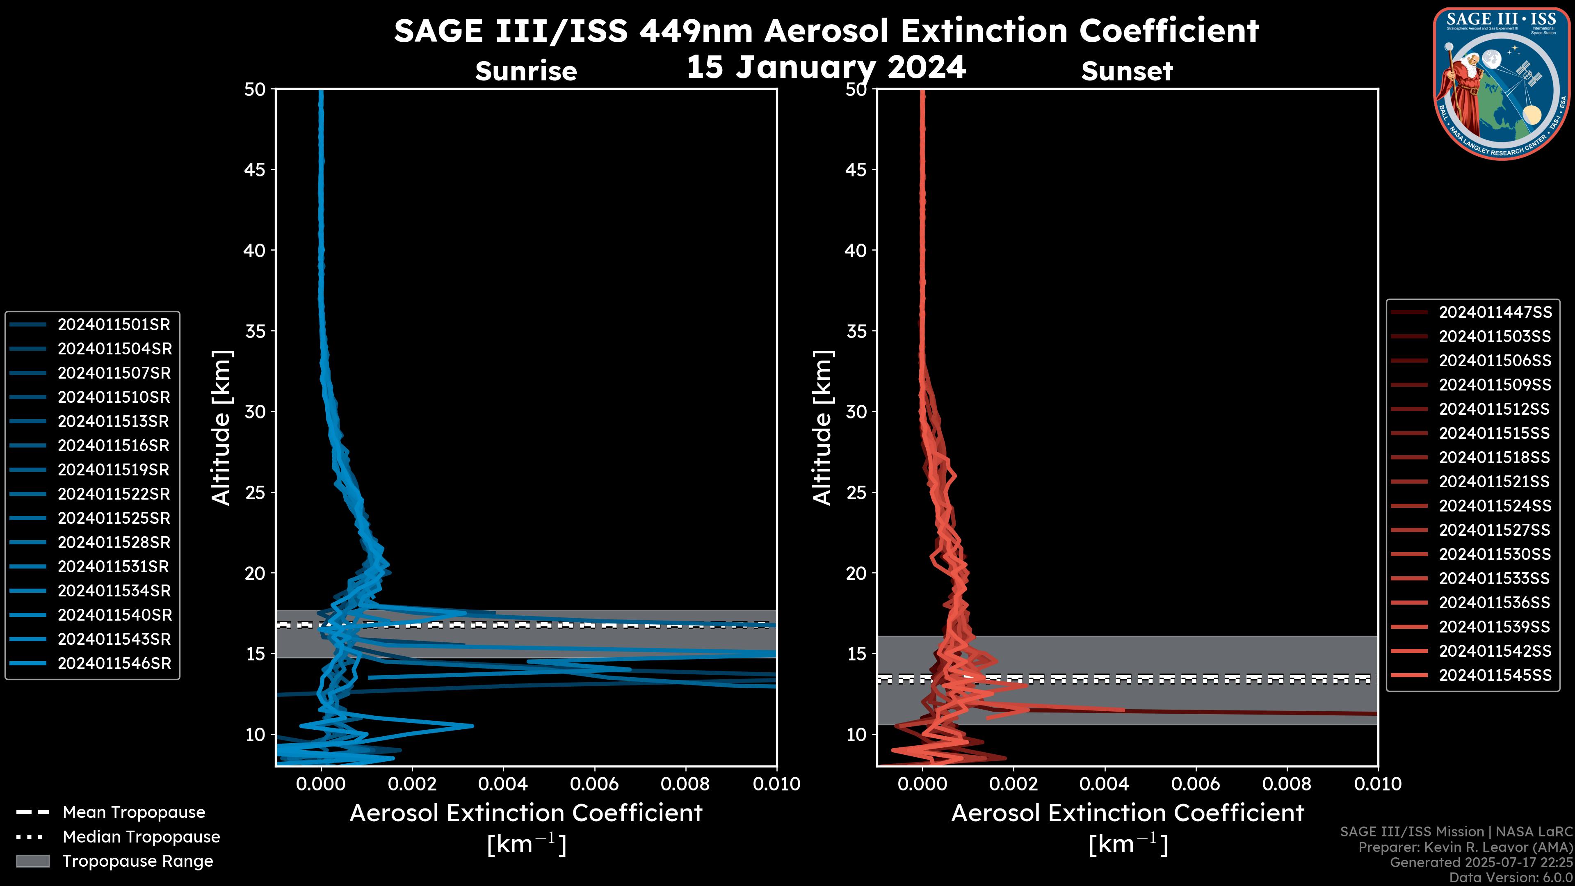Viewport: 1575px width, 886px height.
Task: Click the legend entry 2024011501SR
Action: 114,325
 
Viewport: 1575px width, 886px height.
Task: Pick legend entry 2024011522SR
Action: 114,494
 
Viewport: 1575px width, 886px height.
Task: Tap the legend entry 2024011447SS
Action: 1495,313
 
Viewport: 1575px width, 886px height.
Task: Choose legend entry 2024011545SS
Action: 1495,675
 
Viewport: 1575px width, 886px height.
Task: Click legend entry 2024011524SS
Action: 1495,506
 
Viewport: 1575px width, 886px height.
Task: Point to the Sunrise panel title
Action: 526,71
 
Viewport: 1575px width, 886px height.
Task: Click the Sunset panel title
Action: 1127,71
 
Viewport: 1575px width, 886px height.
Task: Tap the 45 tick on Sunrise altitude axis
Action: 254,169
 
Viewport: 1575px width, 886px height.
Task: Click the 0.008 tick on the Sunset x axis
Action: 1287,784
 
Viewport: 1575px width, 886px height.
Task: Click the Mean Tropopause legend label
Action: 134,812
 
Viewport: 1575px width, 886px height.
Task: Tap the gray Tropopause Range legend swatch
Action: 32,861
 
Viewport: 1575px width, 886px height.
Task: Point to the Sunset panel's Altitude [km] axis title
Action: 822,428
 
